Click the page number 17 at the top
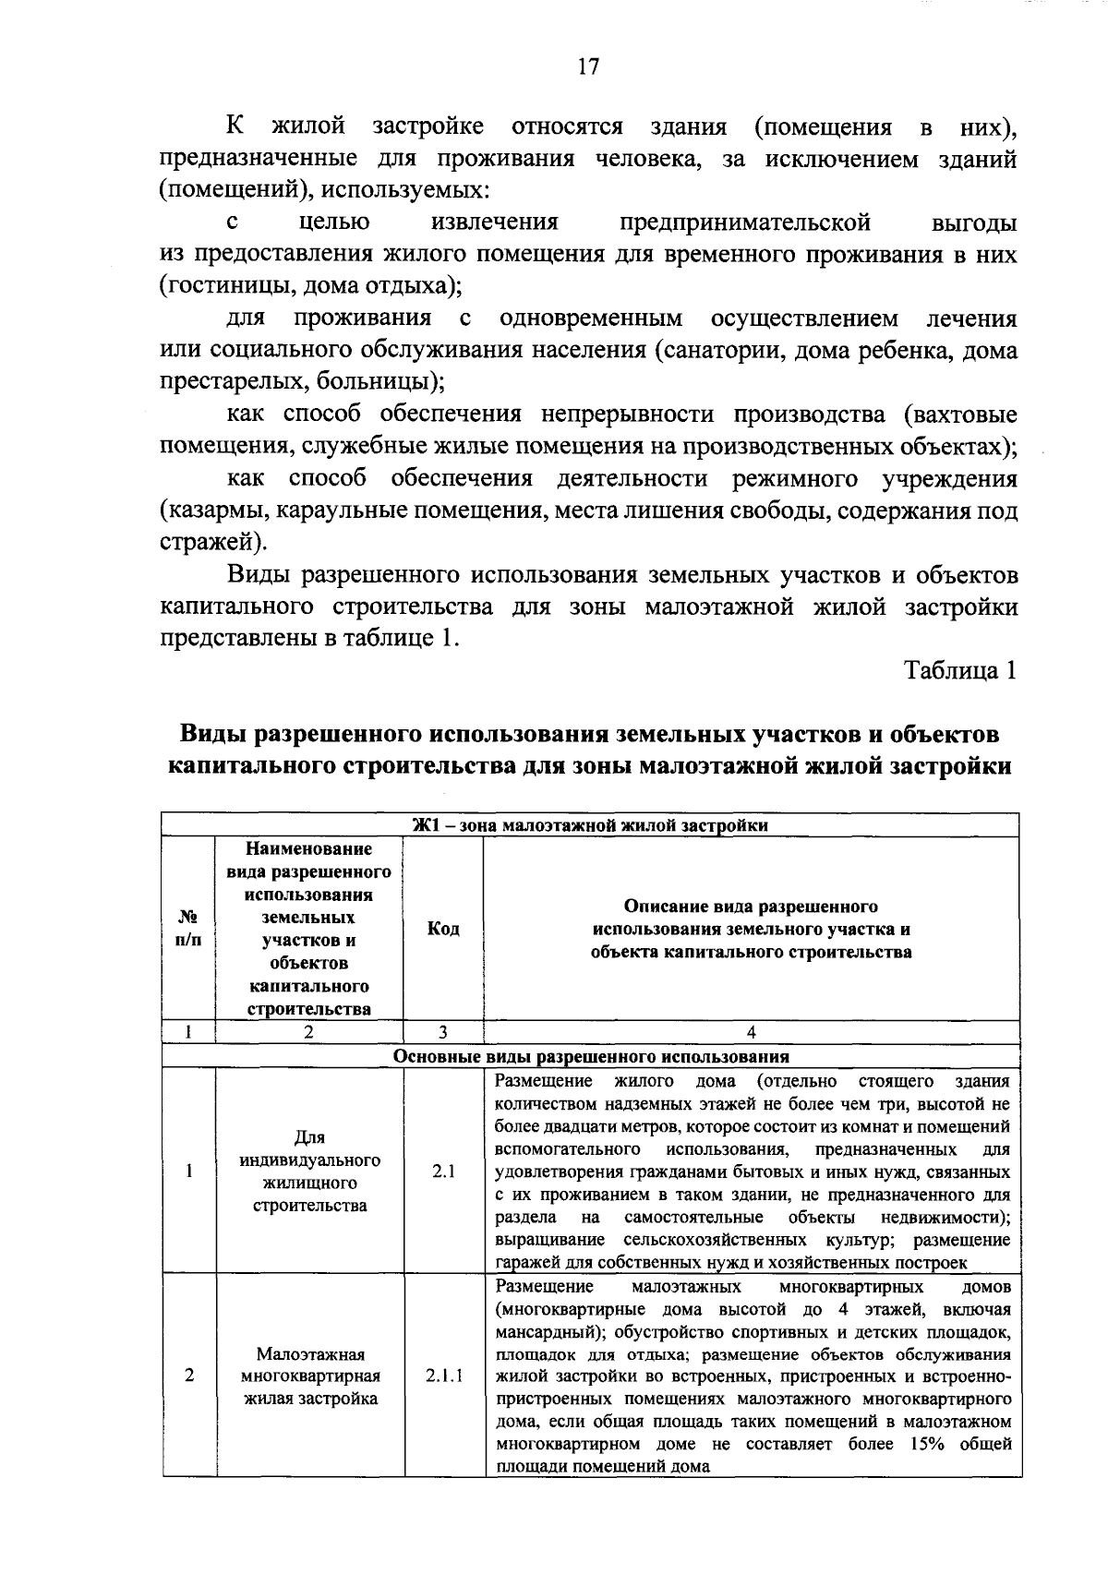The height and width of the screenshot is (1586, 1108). (x=588, y=66)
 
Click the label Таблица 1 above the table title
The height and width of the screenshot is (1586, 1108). (x=960, y=670)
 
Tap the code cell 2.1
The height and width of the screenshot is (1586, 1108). (x=443, y=1171)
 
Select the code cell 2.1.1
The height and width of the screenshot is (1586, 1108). (x=443, y=1376)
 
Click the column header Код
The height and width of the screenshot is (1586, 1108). (x=443, y=929)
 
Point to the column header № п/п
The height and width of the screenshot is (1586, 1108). (x=188, y=929)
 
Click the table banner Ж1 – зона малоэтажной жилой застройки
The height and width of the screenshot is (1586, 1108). (x=590, y=825)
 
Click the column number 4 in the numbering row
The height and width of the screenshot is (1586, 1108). (x=751, y=1033)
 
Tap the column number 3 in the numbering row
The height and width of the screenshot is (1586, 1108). (x=443, y=1033)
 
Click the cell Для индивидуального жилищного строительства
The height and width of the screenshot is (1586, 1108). (x=309, y=1171)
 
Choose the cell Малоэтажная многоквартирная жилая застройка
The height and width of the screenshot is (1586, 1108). (x=309, y=1376)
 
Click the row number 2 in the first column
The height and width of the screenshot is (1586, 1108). (x=188, y=1376)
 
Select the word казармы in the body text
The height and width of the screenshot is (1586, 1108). (x=214, y=511)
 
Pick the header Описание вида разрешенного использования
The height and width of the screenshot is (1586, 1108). (x=751, y=929)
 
